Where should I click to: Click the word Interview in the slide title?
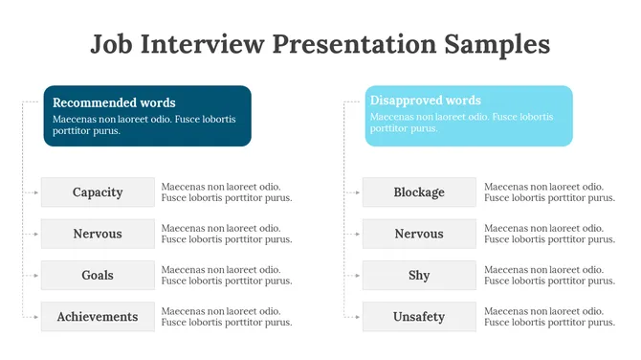(x=201, y=44)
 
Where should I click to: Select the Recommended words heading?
(x=114, y=102)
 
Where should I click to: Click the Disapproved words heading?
(x=426, y=101)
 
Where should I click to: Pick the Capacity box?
(x=98, y=192)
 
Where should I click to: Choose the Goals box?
(x=98, y=276)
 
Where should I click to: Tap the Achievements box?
(x=98, y=317)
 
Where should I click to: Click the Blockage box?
(x=419, y=192)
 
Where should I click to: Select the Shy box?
(x=419, y=276)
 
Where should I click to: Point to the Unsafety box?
(x=419, y=317)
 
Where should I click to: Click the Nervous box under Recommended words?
(x=98, y=234)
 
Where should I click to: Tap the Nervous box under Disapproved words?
(x=419, y=234)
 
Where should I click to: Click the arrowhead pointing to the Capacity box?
(x=36, y=192)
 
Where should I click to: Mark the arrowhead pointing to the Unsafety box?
(x=358, y=317)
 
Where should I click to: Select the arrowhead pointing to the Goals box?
(x=36, y=276)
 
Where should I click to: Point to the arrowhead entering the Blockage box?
(x=358, y=192)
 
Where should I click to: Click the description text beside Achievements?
(x=227, y=317)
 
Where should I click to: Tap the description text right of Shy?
(x=549, y=276)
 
